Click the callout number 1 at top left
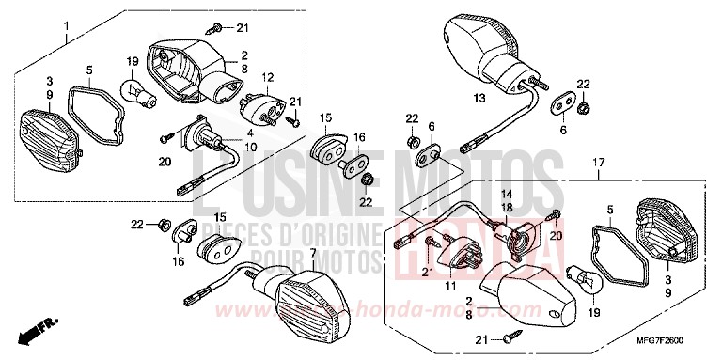tap(66, 39)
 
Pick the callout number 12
tap(268, 78)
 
